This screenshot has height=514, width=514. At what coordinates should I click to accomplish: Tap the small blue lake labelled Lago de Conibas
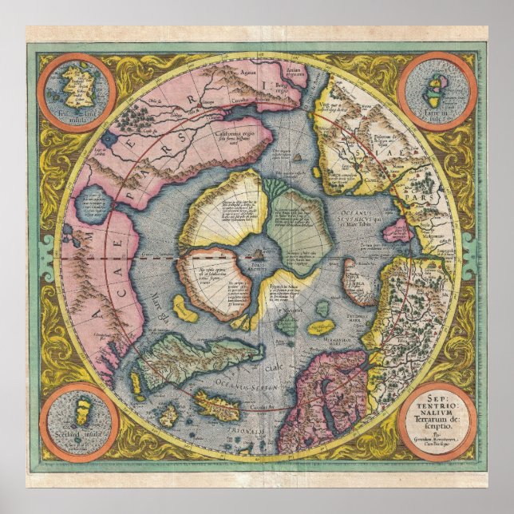(x=95, y=206)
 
